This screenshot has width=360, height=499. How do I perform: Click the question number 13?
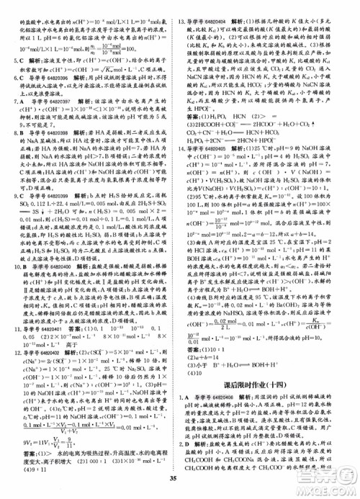click(x=184, y=6)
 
